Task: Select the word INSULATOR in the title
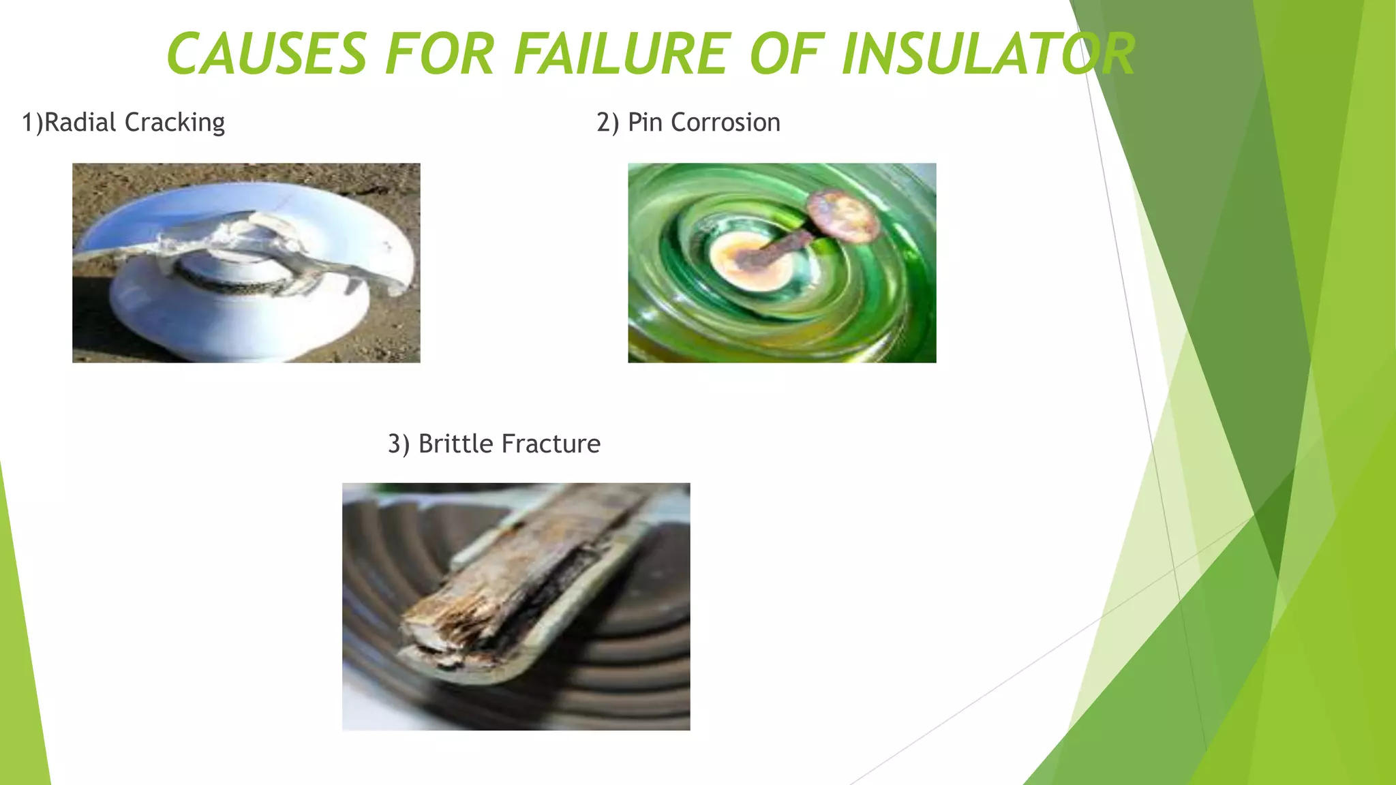coord(988,55)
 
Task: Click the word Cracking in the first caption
coord(174,123)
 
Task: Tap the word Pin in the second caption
coord(645,123)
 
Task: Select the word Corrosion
coord(725,123)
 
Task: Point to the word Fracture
coord(551,444)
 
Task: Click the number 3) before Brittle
coord(399,444)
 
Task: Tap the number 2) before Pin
coord(607,123)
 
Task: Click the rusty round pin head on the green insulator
coord(844,215)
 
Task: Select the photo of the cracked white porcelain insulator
coord(246,263)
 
